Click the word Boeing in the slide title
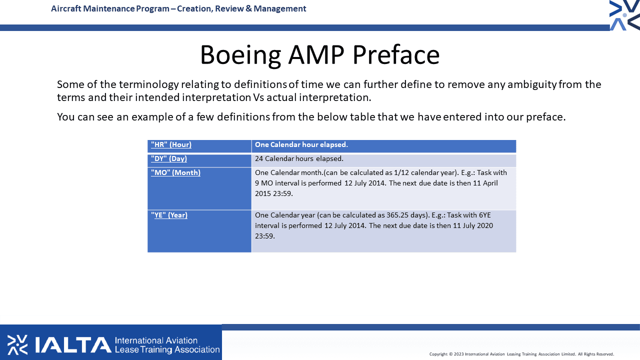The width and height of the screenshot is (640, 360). tap(240, 55)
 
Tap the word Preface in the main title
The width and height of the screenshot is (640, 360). tap(396, 54)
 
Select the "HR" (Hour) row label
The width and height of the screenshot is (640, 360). tap(171, 144)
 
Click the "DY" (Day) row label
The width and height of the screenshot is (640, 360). tap(169, 158)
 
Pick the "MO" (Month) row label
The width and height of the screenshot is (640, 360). tap(175, 172)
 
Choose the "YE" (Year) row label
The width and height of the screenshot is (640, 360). tap(169, 215)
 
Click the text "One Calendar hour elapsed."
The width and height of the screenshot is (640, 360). tap(301, 144)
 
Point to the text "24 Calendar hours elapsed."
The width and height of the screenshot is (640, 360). tap(299, 158)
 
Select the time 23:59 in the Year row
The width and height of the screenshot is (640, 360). tap(264, 236)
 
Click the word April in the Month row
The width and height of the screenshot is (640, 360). tap(490, 183)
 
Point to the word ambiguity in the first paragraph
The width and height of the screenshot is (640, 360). tap(532, 84)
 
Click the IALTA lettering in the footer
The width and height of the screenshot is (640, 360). tap(73, 345)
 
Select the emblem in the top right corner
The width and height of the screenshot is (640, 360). tap(624, 15)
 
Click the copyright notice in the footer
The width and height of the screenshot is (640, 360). tap(521, 354)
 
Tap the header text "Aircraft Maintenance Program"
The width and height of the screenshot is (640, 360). tap(110, 9)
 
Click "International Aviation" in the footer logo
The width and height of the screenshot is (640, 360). tap(156, 340)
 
